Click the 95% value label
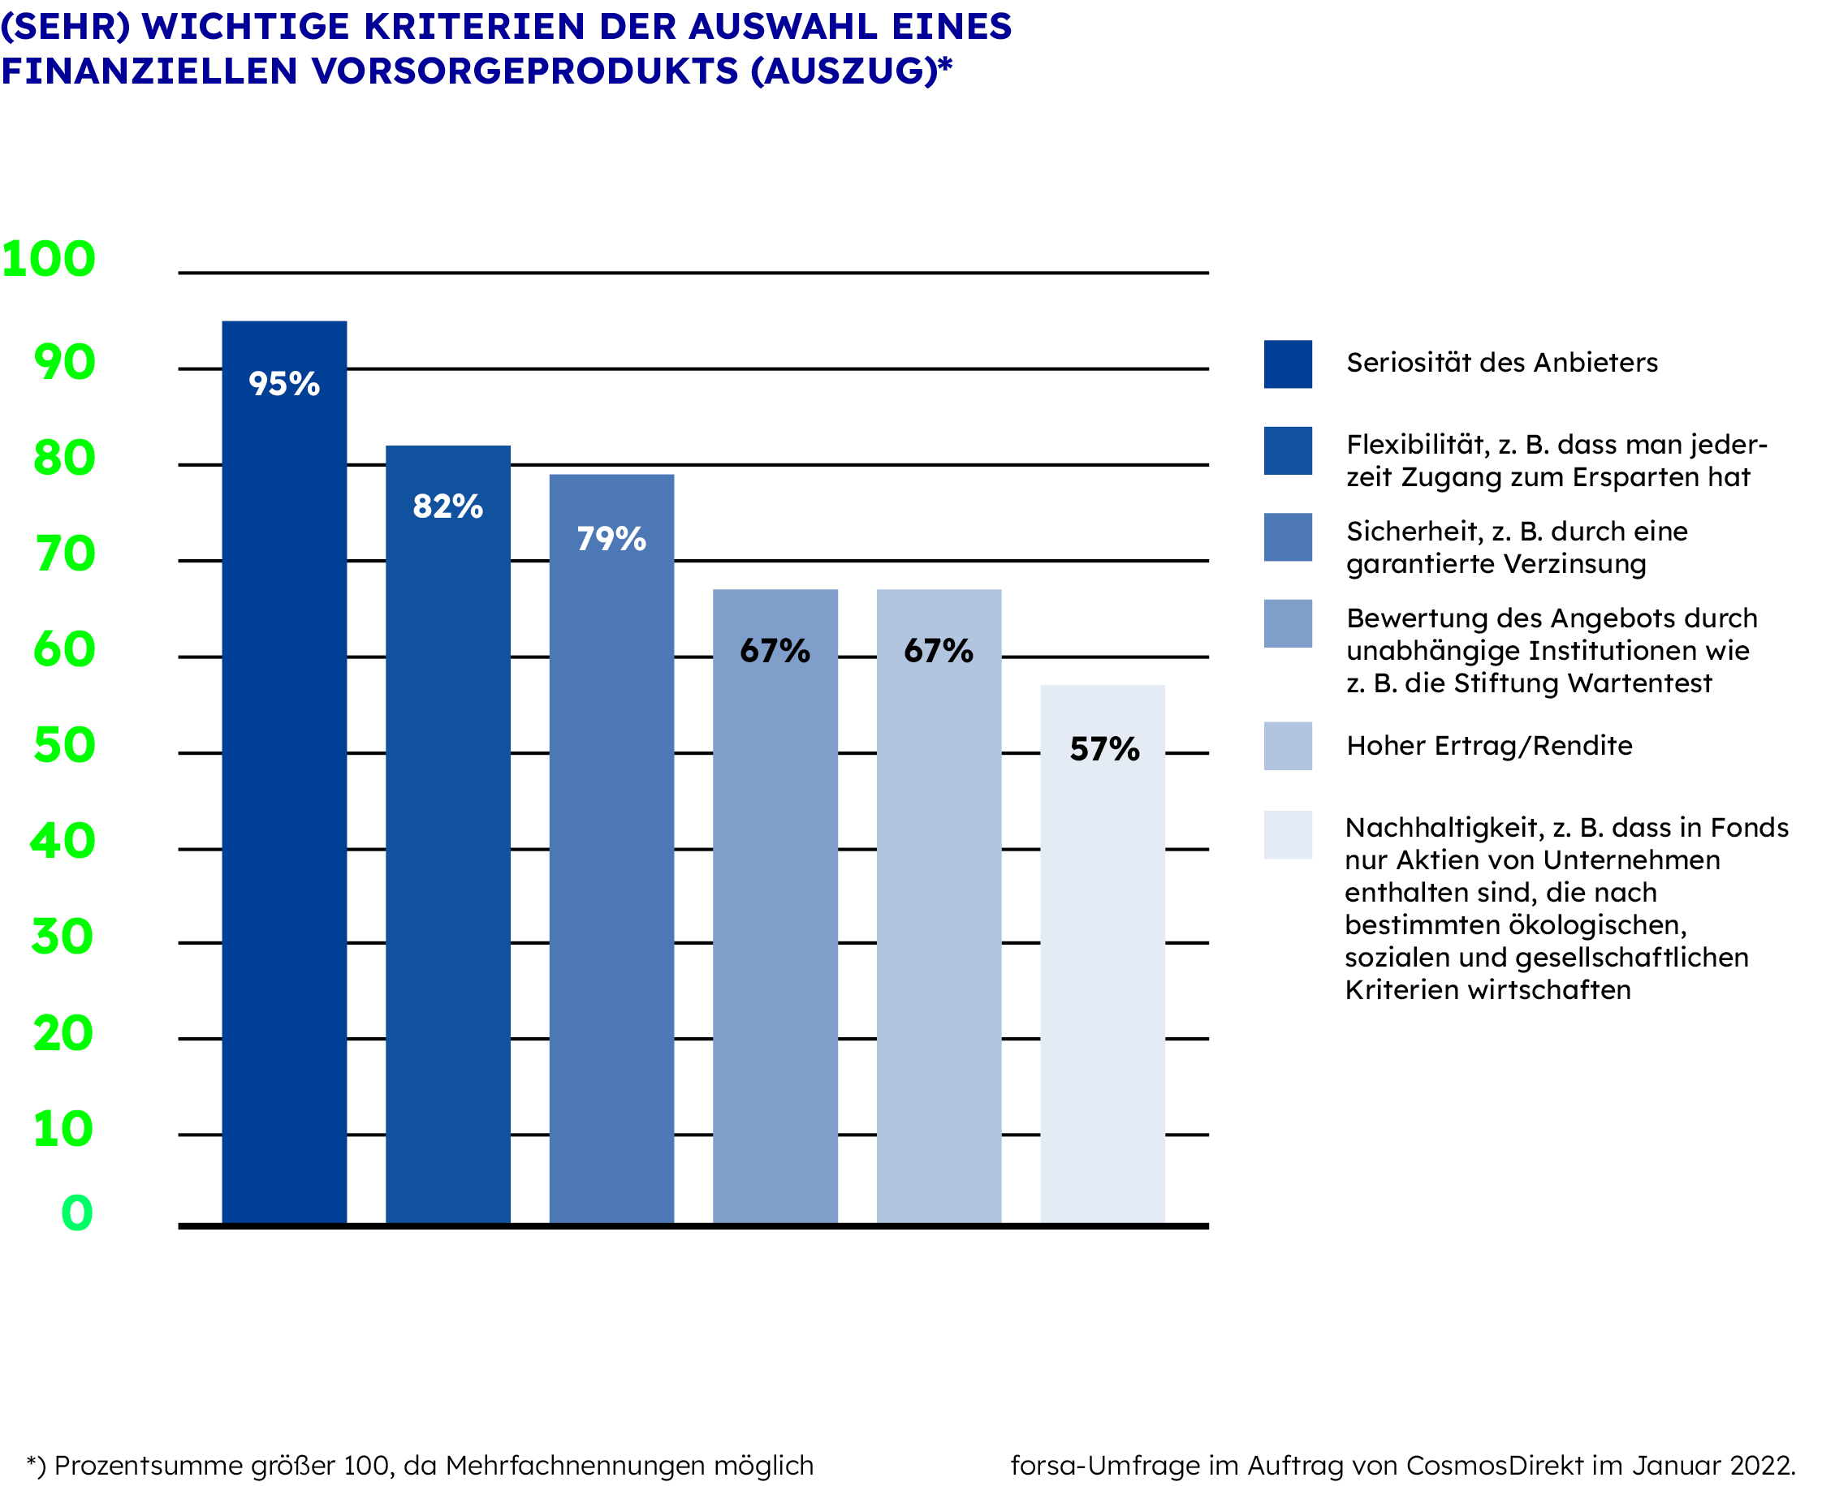[284, 385]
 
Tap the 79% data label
[611, 539]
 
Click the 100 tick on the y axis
[49, 259]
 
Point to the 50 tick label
[64, 745]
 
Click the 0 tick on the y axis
[77, 1213]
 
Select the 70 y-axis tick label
[65, 553]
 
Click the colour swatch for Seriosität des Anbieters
[1288, 364]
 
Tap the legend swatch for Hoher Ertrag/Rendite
[1288, 746]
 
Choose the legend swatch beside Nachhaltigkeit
[1288, 834]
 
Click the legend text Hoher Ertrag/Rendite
[1489, 746]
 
